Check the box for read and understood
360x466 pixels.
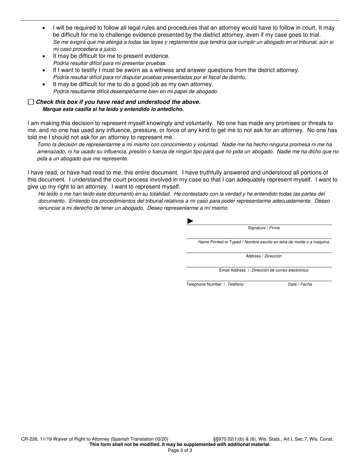[31, 102]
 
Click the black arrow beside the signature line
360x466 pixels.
[190, 221]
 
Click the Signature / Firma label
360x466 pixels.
[264, 228]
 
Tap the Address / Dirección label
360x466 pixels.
[264, 256]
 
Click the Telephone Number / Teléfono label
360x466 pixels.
[215, 285]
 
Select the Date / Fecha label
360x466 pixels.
[300, 285]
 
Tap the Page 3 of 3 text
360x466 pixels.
[180, 450]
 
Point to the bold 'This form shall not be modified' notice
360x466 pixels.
[180, 445]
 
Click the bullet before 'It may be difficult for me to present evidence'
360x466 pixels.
[44, 56]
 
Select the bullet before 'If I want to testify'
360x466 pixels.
[44, 70]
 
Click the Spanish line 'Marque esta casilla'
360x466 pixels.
[113, 109]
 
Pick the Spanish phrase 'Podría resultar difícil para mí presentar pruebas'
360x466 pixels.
[110, 63]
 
